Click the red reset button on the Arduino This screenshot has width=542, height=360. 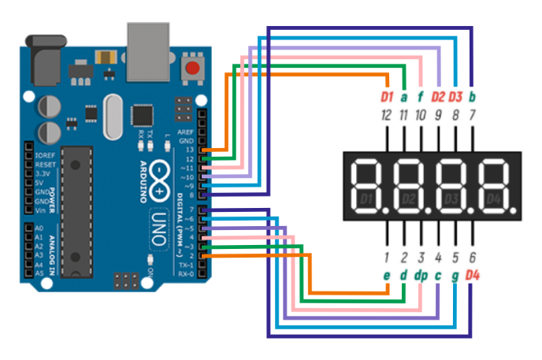[x=191, y=69]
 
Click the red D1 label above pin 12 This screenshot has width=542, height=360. [x=386, y=98]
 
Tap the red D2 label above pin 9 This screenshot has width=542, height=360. [x=438, y=98]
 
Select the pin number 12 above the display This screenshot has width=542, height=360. [x=386, y=116]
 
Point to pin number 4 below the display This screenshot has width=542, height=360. [x=437, y=257]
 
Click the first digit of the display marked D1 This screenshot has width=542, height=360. [x=366, y=187]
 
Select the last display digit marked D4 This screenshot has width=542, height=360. [x=494, y=187]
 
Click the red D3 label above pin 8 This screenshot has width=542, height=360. [x=455, y=98]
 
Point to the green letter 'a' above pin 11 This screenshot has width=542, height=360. [x=403, y=98]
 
